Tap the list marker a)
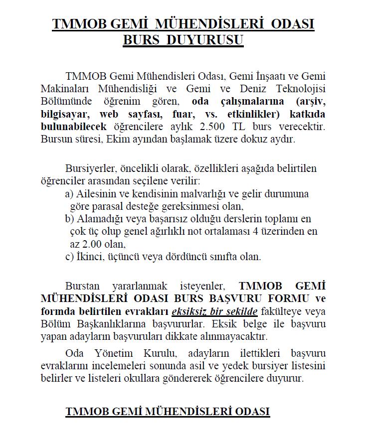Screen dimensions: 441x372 pos(69,193)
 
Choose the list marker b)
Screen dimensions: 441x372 pos(69,219)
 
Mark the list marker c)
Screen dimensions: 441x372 pos(69,257)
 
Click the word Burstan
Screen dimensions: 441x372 pos(82,287)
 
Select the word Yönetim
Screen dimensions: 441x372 pos(116,354)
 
